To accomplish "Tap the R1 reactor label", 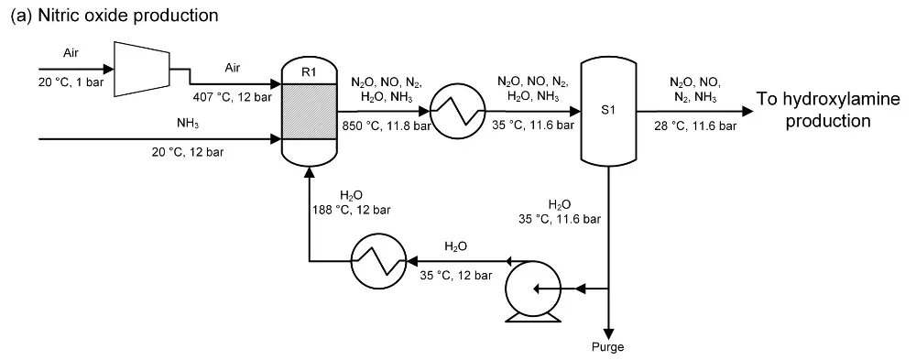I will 308,68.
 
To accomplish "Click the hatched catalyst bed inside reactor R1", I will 308,112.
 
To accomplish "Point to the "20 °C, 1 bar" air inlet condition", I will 70,82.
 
